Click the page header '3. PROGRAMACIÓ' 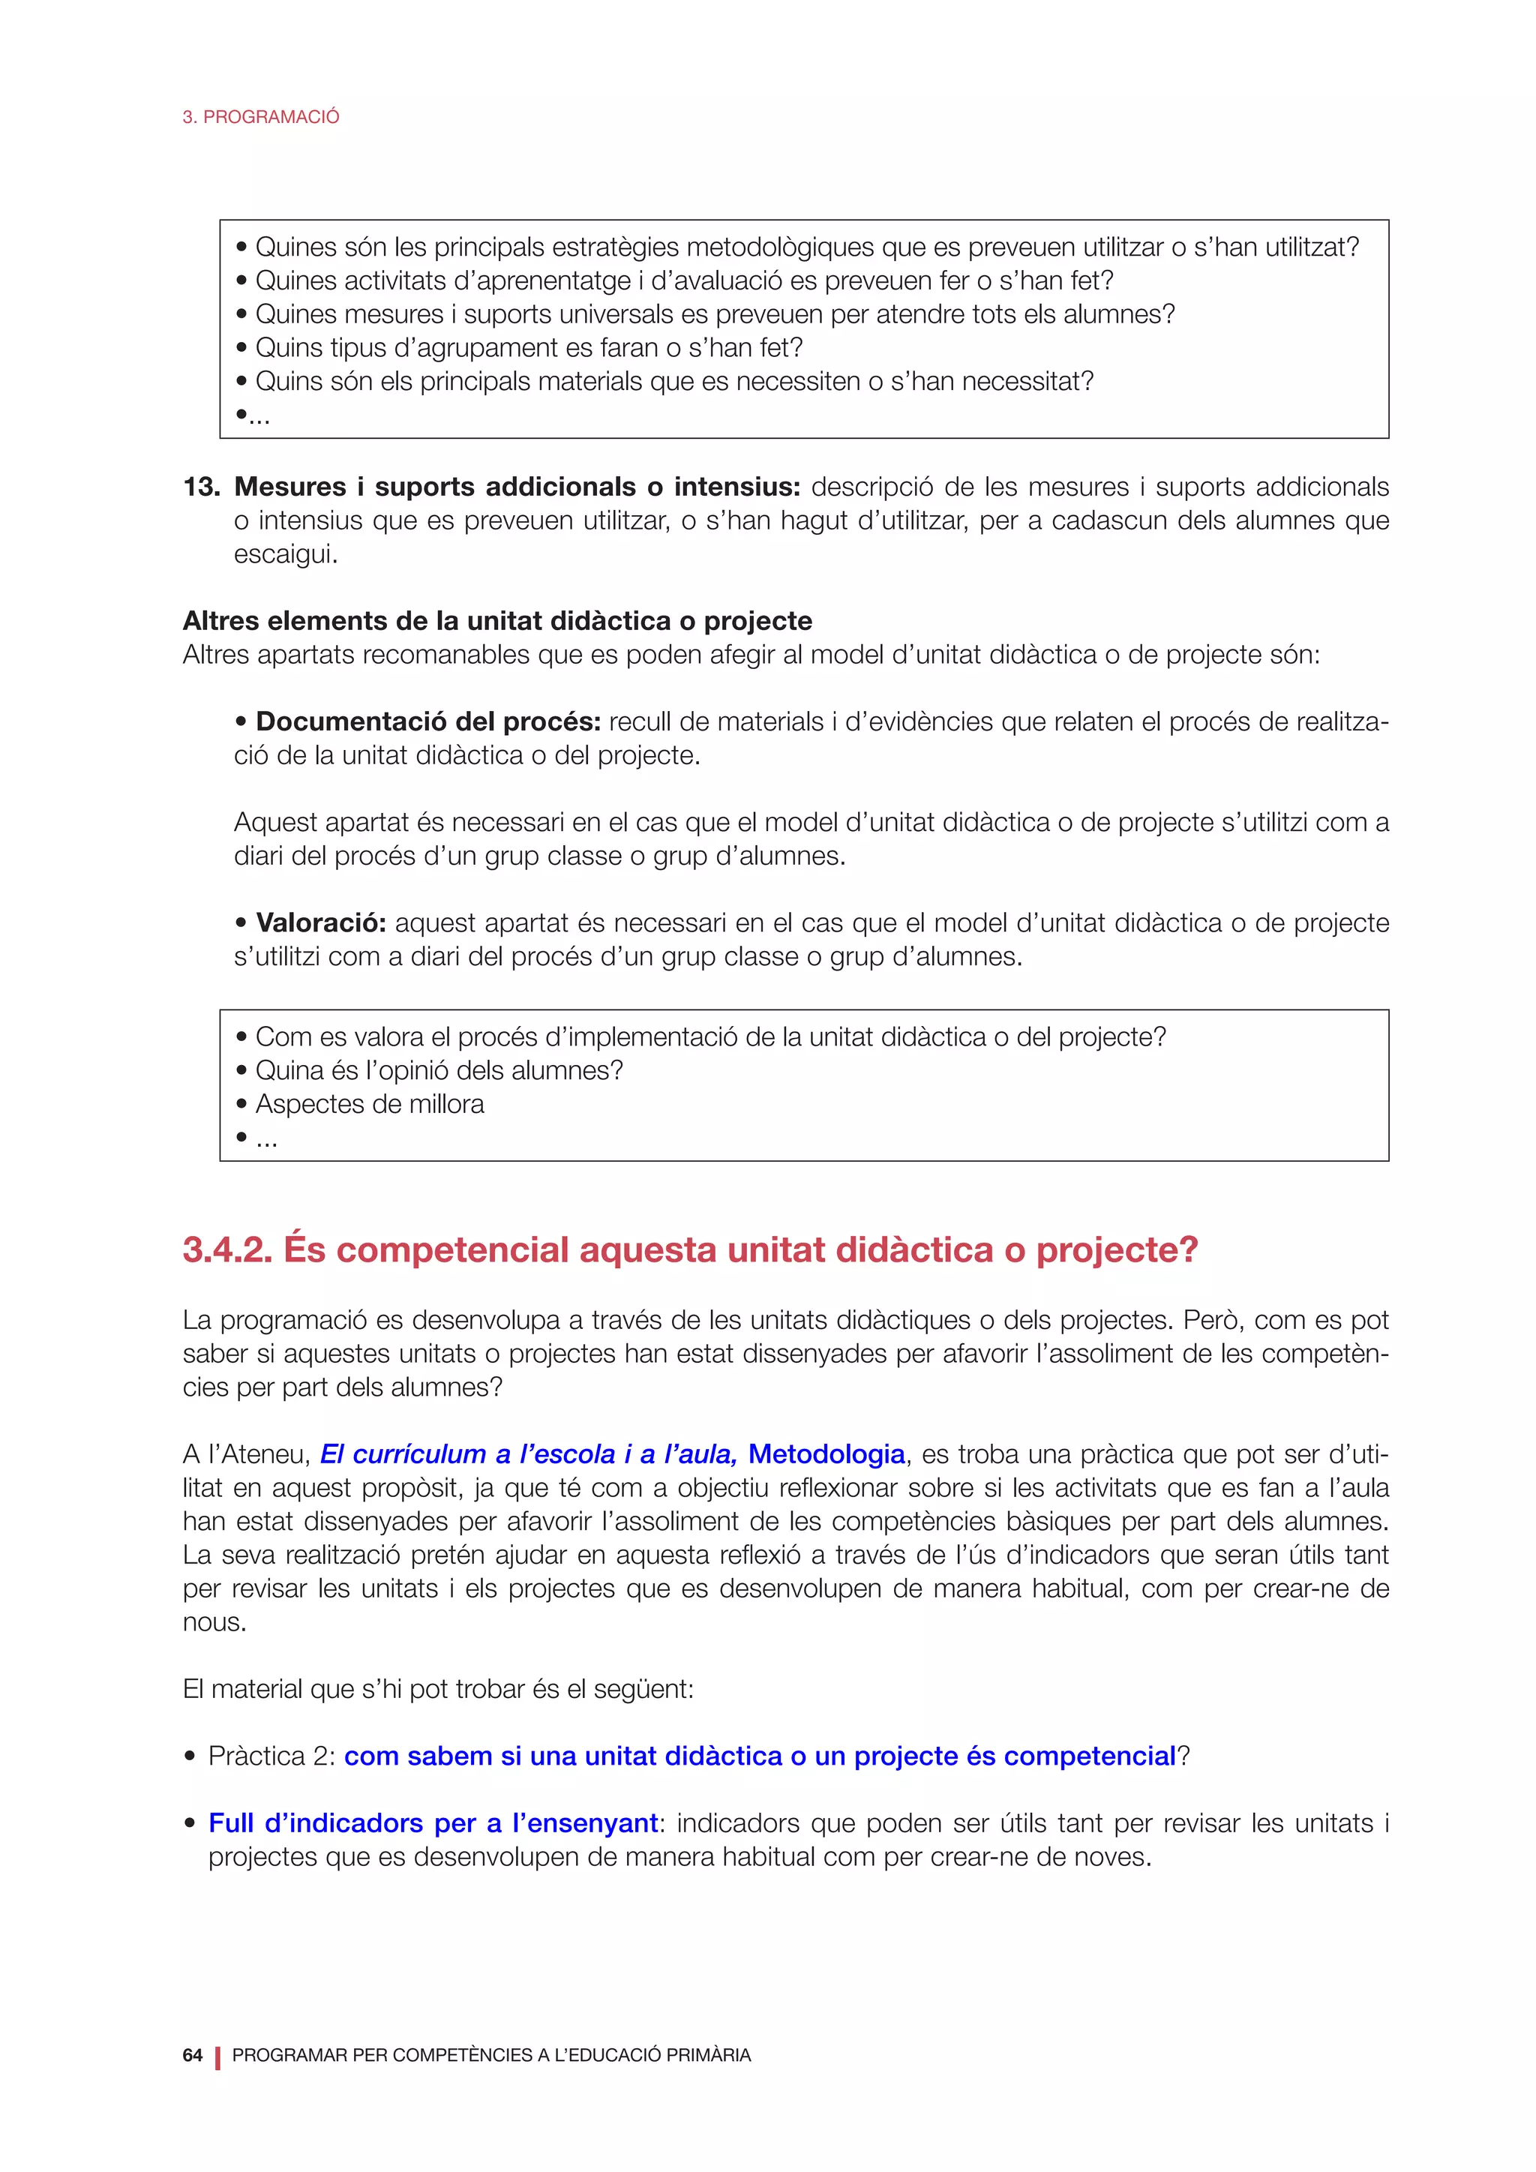[x=260, y=117]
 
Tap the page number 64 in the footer [x=192, y=2055]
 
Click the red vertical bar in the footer [x=217, y=2056]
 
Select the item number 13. [x=200, y=487]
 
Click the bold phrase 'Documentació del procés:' [x=427, y=721]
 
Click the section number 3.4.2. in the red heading [x=227, y=1250]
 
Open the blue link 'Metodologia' [x=826, y=1454]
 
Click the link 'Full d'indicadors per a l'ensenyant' [x=433, y=1823]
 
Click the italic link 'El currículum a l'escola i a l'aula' [x=528, y=1454]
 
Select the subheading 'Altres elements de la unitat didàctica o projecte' [x=496, y=622]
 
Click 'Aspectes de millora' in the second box [x=369, y=1104]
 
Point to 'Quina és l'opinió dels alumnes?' [x=439, y=1071]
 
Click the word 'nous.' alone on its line [x=214, y=1622]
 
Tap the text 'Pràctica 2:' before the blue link [x=271, y=1756]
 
